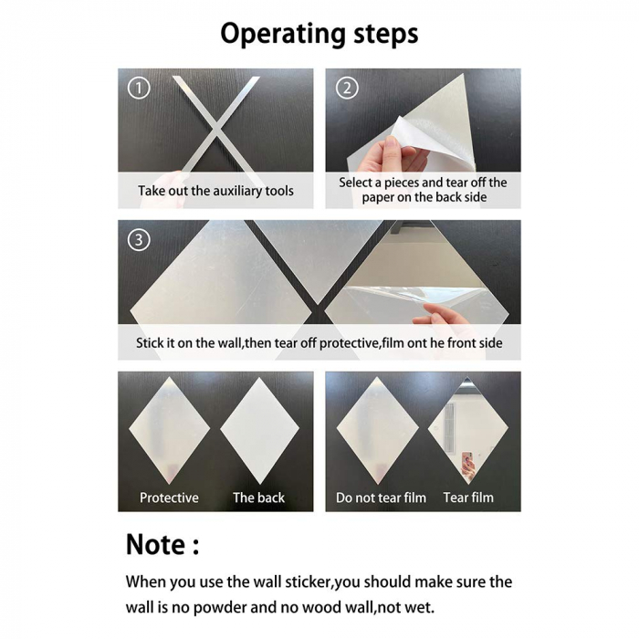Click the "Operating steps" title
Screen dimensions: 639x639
coord(319,35)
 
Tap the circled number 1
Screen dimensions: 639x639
coord(139,88)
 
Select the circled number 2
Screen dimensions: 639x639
coord(347,88)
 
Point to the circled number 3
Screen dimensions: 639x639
coord(139,239)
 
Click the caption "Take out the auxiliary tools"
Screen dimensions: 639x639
coord(215,191)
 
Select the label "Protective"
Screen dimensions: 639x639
coord(169,498)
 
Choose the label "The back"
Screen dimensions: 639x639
coord(258,498)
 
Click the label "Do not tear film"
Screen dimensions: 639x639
coord(381,498)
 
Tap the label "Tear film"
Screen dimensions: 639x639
coord(468,498)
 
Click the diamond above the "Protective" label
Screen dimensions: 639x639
coord(169,430)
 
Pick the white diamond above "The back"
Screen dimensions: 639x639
coord(259,430)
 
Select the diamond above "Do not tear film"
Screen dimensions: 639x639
coord(377,430)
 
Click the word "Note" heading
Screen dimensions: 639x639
coord(155,544)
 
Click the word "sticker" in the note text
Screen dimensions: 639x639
coord(309,581)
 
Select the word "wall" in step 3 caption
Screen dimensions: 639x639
coord(229,342)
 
